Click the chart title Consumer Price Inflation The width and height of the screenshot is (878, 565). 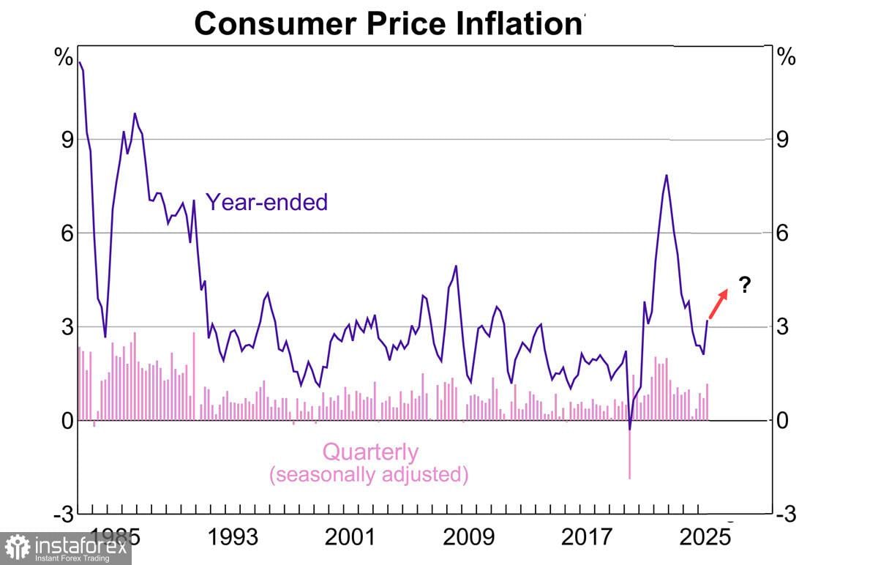point(390,23)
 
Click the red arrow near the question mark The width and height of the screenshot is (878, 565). point(718,302)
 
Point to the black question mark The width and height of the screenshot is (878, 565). point(745,285)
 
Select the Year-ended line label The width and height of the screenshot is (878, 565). point(266,202)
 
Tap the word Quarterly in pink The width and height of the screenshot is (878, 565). point(370,452)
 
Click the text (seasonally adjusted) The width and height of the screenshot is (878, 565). point(369,474)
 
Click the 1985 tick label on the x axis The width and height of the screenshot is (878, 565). point(116,538)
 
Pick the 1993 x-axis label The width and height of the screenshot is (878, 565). point(232,538)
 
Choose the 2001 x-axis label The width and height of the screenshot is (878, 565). point(350,538)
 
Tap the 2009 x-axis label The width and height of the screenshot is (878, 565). point(468,538)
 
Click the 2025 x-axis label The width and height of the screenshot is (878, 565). point(704,538)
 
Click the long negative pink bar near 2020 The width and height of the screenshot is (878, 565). point(630,454)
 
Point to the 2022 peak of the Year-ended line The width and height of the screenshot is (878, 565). point(667,176)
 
